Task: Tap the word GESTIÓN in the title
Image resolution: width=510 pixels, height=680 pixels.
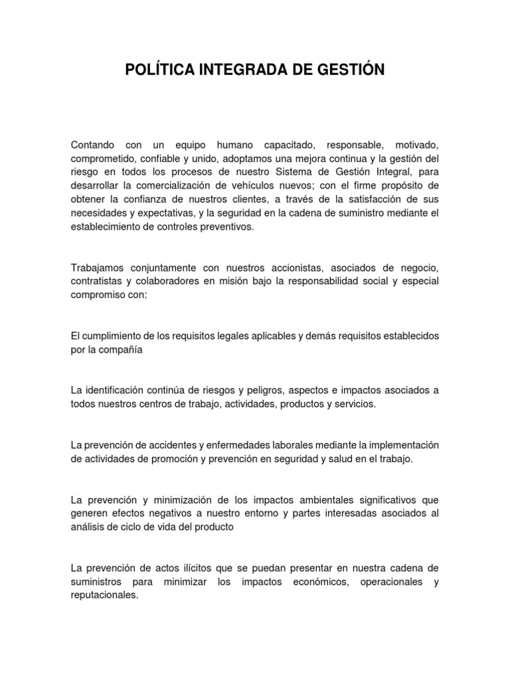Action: (x=351, y=69)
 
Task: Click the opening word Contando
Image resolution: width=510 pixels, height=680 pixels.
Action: (x=92, y=145)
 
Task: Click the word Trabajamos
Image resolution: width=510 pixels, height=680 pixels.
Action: (x=98, y=268)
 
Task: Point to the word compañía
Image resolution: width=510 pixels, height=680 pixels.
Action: (x=122, y=349)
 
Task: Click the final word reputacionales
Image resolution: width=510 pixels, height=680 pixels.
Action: (x=104, y=595)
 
